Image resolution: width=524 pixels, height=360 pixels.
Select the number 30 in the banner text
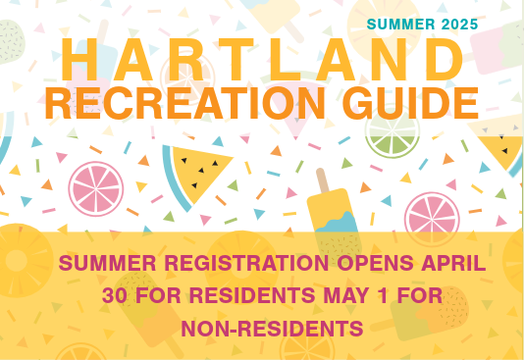pyautogui.click(x=116, y=294)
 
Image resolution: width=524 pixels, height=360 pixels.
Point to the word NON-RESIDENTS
pyautogui.click(x=259, y=326)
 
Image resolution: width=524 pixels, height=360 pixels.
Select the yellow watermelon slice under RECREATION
pyautogui.click(x=200, y=173)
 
